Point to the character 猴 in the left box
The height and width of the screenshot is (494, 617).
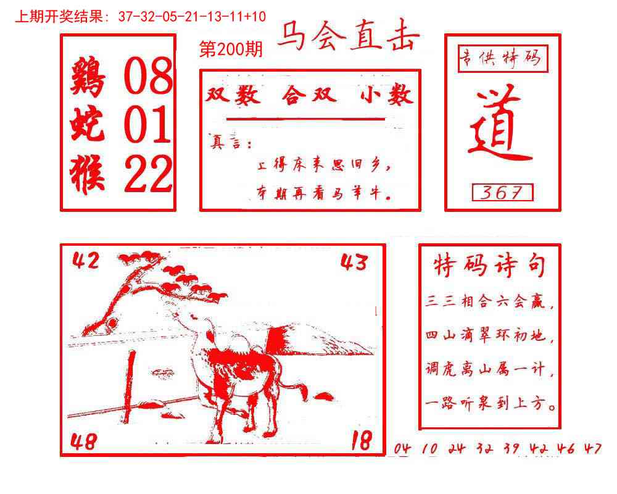89,174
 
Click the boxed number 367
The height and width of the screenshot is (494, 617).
502,193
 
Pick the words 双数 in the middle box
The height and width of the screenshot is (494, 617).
233,95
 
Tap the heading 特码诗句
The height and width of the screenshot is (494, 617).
489,266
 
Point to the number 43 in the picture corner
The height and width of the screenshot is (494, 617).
354,262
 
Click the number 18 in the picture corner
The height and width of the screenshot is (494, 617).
361,441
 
